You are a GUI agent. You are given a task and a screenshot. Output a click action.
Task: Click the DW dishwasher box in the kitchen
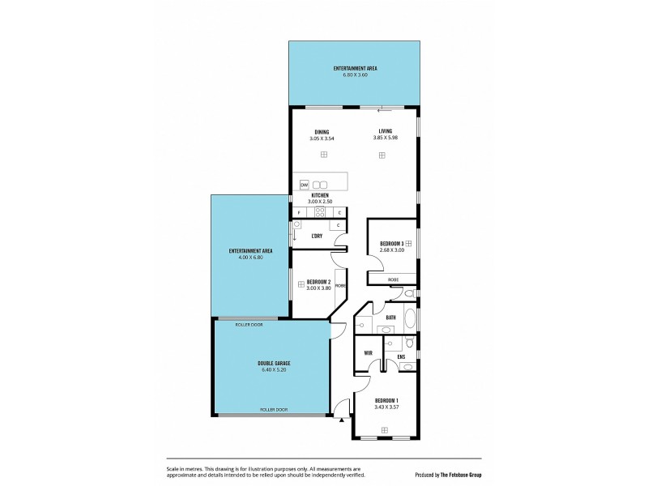click(304, 185)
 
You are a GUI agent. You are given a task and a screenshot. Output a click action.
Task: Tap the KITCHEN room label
click(320, 195)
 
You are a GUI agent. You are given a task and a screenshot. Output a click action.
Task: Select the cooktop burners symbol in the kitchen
click(320, 213)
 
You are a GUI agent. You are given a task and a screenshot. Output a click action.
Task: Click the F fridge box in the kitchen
click(299, 213)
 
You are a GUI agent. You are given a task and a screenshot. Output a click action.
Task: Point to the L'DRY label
click(317, 236)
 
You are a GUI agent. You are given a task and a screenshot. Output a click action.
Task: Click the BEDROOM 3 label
click(392, 243)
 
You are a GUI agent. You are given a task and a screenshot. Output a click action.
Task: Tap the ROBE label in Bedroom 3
click(393, 279)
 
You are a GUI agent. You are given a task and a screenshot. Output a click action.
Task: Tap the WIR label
click(368, 353)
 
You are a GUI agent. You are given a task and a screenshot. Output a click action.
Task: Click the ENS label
click(401, 357)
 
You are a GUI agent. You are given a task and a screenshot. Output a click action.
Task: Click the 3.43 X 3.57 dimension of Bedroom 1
click(387, 407)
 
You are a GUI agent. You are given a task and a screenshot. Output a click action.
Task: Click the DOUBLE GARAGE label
click(274, 364)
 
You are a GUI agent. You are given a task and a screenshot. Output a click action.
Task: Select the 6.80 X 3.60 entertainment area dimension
click(355, 75)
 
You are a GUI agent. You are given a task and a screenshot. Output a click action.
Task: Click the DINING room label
click(322, 132)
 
